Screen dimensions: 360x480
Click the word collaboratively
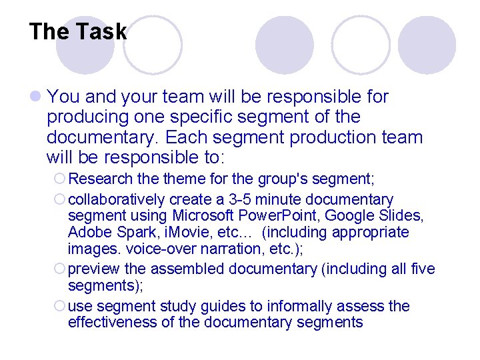117,199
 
